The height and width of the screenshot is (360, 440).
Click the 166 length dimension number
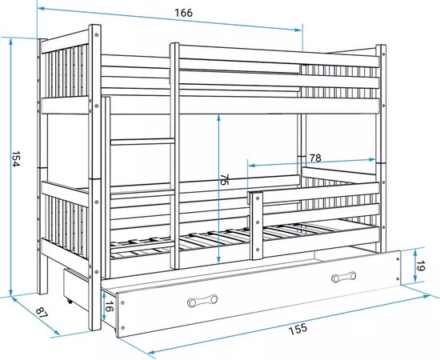coord(184,13)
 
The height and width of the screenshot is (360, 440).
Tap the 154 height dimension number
coord(15,159)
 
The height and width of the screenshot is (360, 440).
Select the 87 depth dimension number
coord(42,312)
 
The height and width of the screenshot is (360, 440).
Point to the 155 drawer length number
coord(298,329)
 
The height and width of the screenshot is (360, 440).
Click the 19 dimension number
coord(420,266)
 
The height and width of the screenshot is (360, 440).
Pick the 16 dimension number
coord(110,306)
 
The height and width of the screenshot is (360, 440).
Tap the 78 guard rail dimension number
coord(315,158)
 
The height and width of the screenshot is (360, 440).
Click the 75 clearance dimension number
coord(224,179)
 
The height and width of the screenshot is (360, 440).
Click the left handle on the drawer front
coord(202,301)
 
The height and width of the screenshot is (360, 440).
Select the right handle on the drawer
coord(343,277)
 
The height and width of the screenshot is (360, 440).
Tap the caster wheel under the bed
coord(69,301)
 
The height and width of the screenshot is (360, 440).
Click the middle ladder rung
coord(143,142)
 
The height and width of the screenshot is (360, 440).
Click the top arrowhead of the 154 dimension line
coord(11,42)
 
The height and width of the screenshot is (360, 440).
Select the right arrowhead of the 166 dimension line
coord(298,30)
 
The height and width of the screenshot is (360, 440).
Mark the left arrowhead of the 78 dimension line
coord(252,166)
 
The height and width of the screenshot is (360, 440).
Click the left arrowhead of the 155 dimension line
coord(151,352)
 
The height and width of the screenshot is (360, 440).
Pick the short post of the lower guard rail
coord(257,226)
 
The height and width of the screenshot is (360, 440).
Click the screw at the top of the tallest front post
coord(96,34)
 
